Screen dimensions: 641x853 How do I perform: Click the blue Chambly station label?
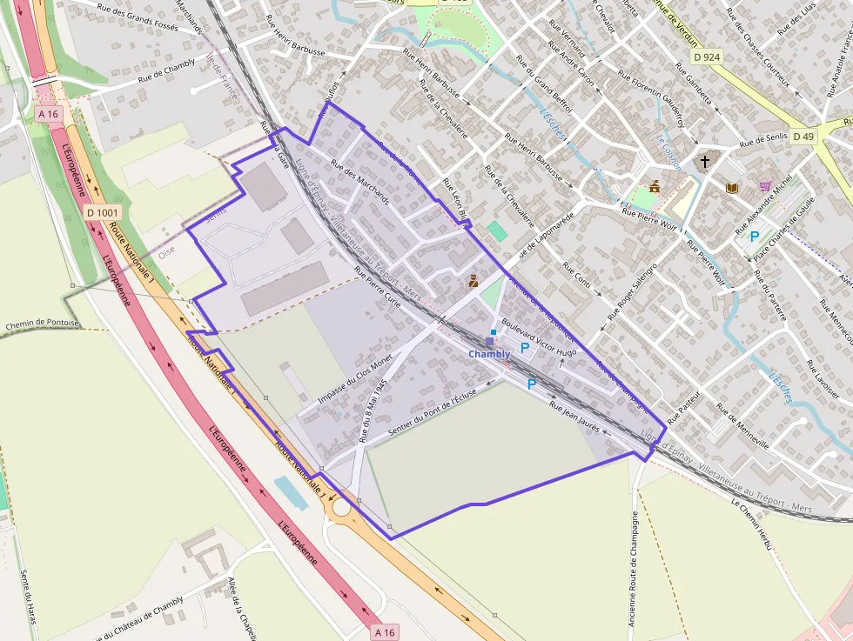(489, 354)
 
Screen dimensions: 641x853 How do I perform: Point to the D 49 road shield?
(803, 137)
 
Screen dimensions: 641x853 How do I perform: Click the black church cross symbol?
(705, 162)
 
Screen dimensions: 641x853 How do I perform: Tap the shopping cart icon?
(765, 185)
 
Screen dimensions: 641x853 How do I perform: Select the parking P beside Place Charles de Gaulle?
(754, 236)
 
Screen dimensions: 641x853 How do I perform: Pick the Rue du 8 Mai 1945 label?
(373, 409)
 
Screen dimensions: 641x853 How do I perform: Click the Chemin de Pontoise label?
(42, 324)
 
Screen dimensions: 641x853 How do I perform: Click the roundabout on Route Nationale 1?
(340, 506)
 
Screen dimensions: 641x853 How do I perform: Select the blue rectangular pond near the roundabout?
(291, 492)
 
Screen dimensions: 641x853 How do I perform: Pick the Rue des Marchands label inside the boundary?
(360, 182)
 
